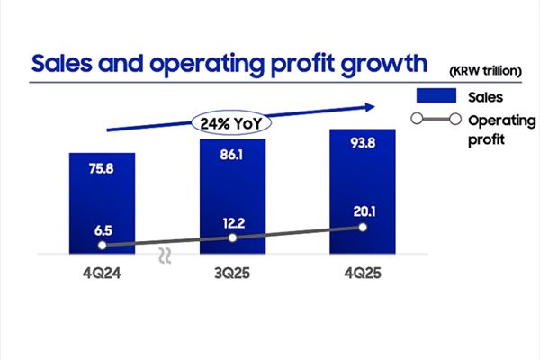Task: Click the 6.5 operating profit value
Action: tap(102, 229)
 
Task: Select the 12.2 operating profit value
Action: tap(232, 222)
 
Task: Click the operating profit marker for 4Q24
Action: tap(102, 244)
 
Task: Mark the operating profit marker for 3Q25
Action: tap(232, 238)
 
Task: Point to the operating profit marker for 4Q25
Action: tap(363, 228)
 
